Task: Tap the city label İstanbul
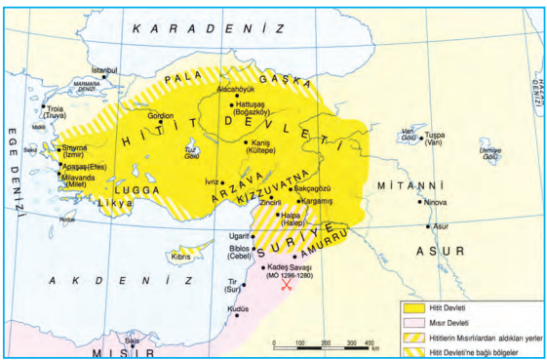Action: click(104, 70)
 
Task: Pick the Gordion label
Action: click(160, 115)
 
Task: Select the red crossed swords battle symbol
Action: click(286, 284)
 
